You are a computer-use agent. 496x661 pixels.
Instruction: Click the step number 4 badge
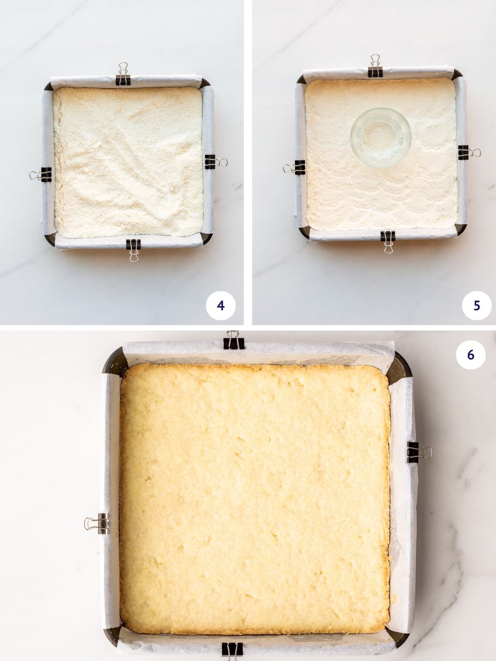click(220, 306)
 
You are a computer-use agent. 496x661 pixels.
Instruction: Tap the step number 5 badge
click(477, 306)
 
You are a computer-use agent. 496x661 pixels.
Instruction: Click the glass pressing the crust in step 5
click(381, 137)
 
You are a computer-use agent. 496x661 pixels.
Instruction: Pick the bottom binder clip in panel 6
click(232, 652)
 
